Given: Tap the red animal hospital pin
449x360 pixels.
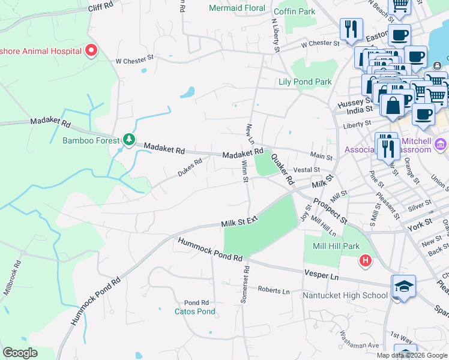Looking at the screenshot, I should (x=91, y=50).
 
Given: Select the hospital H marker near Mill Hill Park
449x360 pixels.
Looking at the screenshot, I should (x=365, y=260).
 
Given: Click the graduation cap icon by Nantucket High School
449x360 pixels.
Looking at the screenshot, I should (x=403, y=286).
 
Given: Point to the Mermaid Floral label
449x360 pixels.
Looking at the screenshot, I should (x=237, y=8).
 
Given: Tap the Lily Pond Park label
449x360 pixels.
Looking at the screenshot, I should (x=305, y=82).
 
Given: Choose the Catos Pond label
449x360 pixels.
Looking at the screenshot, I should (x=194, y=311).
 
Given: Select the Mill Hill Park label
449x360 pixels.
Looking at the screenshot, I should (x=336, y=246).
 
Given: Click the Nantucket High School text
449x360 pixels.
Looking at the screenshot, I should (x=345, y=295).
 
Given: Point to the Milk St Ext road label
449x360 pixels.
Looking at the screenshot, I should (x=239, y=222).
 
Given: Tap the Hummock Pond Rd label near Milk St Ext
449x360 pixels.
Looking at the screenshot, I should (x=209, y=249).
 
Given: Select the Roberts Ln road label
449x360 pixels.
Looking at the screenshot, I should (x=274, y=290).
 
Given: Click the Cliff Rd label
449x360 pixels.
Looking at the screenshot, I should (x=100, y=7).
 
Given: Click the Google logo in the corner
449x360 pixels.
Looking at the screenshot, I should (x=20, y=353).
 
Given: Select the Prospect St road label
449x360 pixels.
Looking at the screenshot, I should (x=330, y=211).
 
